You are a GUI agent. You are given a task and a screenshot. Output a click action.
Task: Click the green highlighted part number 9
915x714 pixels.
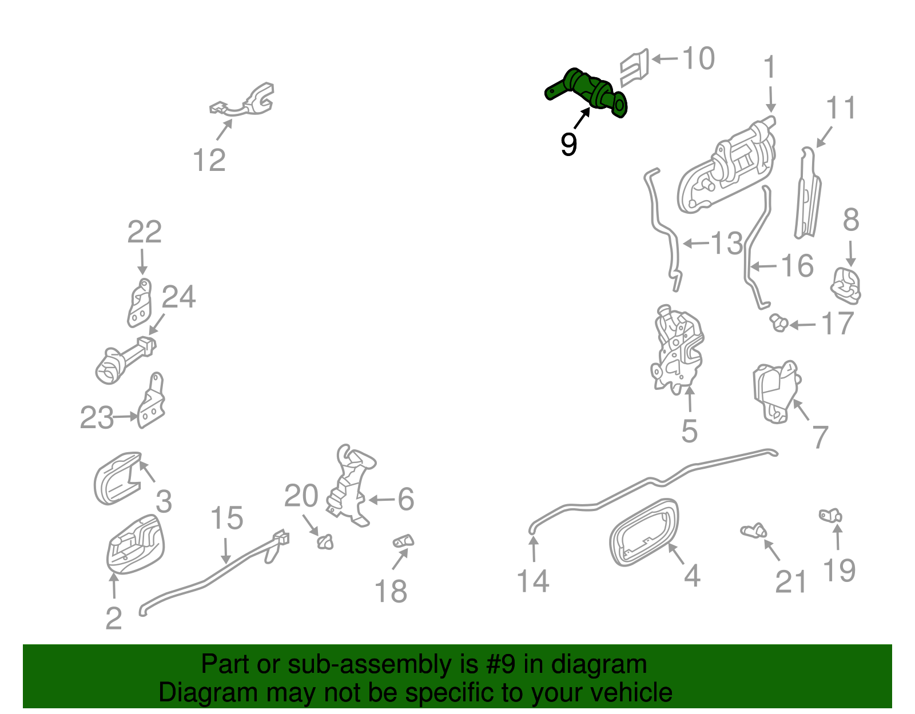(586, 91)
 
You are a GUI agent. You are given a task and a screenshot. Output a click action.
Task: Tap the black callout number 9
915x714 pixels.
(568, 144)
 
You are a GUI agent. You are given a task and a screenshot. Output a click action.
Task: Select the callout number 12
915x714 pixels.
(209, 160)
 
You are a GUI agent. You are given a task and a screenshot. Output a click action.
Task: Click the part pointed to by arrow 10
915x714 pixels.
(634, 67)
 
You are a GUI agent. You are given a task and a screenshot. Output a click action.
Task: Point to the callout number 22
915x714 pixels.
(145, 232)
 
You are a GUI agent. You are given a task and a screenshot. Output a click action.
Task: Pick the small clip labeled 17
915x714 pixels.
(779, 323)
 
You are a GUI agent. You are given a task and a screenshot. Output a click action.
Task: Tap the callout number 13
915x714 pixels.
(727, 244)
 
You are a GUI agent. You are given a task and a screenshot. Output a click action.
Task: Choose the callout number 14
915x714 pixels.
(533, 581)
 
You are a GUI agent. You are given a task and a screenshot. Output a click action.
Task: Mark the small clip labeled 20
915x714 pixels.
(325, 542)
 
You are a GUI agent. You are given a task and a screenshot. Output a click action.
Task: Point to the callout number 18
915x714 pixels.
(391, 592)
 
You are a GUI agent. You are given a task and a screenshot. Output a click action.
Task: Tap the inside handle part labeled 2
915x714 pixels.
(136, 544)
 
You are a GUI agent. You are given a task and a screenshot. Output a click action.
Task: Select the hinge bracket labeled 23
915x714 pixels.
(152, 401)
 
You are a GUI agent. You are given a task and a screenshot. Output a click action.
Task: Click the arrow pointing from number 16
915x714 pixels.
(763, 266)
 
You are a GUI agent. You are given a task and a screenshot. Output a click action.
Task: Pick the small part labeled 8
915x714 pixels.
(846, 286)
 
